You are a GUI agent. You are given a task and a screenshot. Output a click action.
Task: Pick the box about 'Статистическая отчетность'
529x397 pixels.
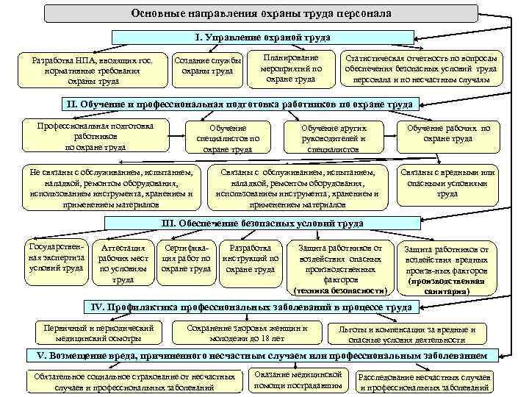pos(424,68)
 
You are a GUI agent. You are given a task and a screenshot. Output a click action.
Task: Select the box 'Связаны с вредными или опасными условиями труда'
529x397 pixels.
pos(447,184)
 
